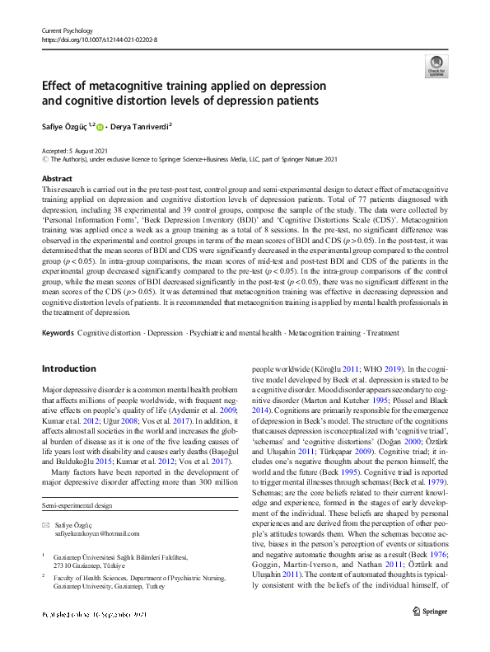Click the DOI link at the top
pos(99,40)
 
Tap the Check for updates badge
pos(436,66)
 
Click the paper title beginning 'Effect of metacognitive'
pos(184,93)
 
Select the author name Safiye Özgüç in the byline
pos(65,126)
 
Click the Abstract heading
pos(57,178)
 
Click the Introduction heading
pos(68,368)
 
